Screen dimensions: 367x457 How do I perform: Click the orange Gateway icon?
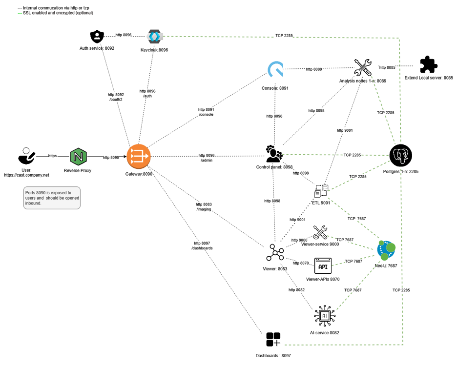pos(139,157)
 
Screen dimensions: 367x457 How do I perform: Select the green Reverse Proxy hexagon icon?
pos(78,157)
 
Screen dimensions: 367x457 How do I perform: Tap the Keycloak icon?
pos(154,36)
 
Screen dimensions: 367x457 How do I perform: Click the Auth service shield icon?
pos(97,37)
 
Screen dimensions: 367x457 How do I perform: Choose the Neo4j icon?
pos(386,250)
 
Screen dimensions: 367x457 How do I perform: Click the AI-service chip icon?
pos(324,316)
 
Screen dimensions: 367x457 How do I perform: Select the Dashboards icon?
pos(273,340)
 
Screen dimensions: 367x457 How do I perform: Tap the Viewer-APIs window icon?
pos(323,266)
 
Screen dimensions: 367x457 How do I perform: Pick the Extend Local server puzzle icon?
pos(429,65)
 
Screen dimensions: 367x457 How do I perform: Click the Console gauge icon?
pos(275,70)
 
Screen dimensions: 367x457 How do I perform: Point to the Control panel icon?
pos(274,154)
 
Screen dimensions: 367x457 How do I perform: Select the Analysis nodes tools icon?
pos(362,68)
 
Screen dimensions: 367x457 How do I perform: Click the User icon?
pos(26,156)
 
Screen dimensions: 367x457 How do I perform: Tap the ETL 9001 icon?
pos(321,191)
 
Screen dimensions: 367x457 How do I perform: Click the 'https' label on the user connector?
pos(52,156)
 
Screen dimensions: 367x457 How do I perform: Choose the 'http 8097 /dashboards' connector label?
pos(202,245)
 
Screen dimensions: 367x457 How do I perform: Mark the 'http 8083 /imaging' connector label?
pos(204,206)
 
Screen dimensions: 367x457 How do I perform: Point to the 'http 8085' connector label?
pos(387,67)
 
